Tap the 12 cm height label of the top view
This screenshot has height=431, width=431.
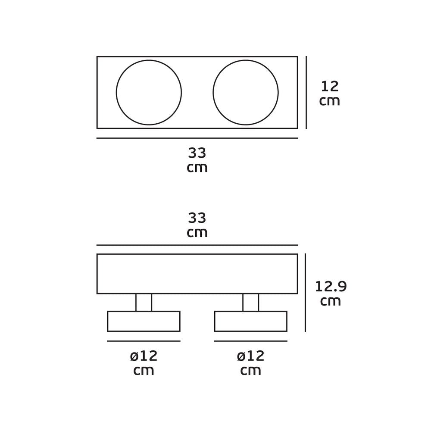click(330, 94)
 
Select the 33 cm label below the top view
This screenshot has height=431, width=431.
click(197, 160)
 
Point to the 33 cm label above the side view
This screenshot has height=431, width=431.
click(197, 225)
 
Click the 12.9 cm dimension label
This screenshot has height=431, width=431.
click(331, 294)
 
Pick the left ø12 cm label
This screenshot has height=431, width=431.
click(144, 363)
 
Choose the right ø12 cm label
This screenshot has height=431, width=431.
click(251, 363)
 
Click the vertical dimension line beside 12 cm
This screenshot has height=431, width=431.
click(306, 92)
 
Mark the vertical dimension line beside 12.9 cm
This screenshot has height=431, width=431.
click(306, 293)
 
